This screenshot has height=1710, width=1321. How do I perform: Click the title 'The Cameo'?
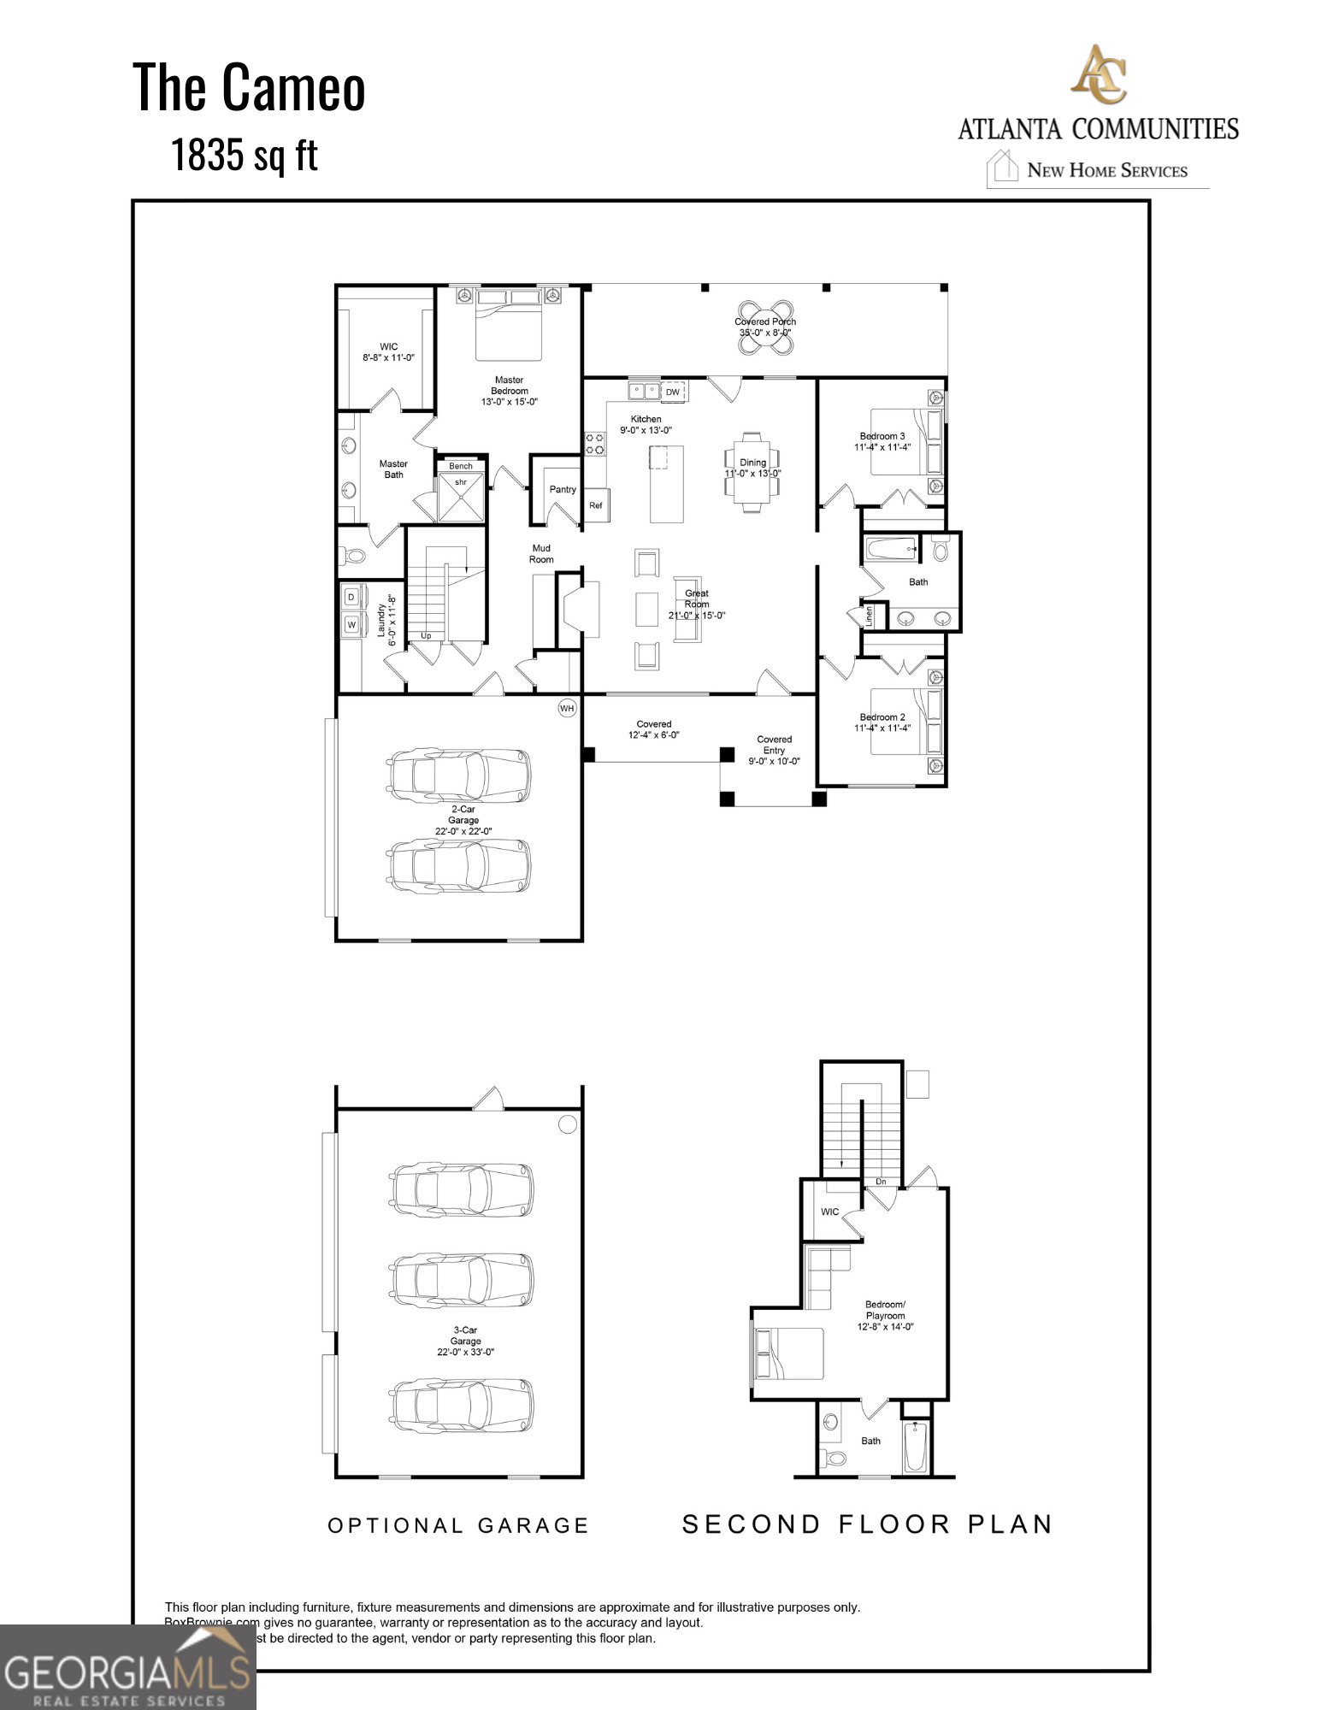(249, 87)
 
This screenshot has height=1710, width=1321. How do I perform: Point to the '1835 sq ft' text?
(244, 155)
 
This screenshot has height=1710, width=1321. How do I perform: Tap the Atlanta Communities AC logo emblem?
(1099, 74)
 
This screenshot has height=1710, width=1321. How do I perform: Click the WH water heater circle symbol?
(567, 708)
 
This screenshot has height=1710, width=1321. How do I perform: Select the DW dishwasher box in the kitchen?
(673, 392)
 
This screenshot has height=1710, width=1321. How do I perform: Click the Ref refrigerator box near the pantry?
(596, 505)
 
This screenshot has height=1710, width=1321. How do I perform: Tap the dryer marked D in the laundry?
(351, 597)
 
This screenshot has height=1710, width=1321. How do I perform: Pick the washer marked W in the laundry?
(351, 625)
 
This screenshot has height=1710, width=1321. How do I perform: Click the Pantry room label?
(563, 490)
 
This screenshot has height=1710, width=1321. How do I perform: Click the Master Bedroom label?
(510, 391)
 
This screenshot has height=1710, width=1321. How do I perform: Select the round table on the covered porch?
(765, 327)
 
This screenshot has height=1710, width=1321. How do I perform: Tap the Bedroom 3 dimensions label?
(882, 447)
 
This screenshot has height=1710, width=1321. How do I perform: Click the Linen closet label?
(870, 616)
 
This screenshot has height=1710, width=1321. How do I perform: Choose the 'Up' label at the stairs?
(426, 635)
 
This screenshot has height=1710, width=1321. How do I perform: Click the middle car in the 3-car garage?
(462, 1279)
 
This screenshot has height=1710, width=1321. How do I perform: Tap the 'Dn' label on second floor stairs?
(881, 1182)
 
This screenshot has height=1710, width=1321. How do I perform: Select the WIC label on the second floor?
(829, 1212)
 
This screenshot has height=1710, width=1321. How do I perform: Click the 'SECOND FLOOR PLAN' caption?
(867, 1524)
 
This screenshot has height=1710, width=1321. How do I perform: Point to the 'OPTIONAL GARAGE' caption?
(459, 1526)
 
